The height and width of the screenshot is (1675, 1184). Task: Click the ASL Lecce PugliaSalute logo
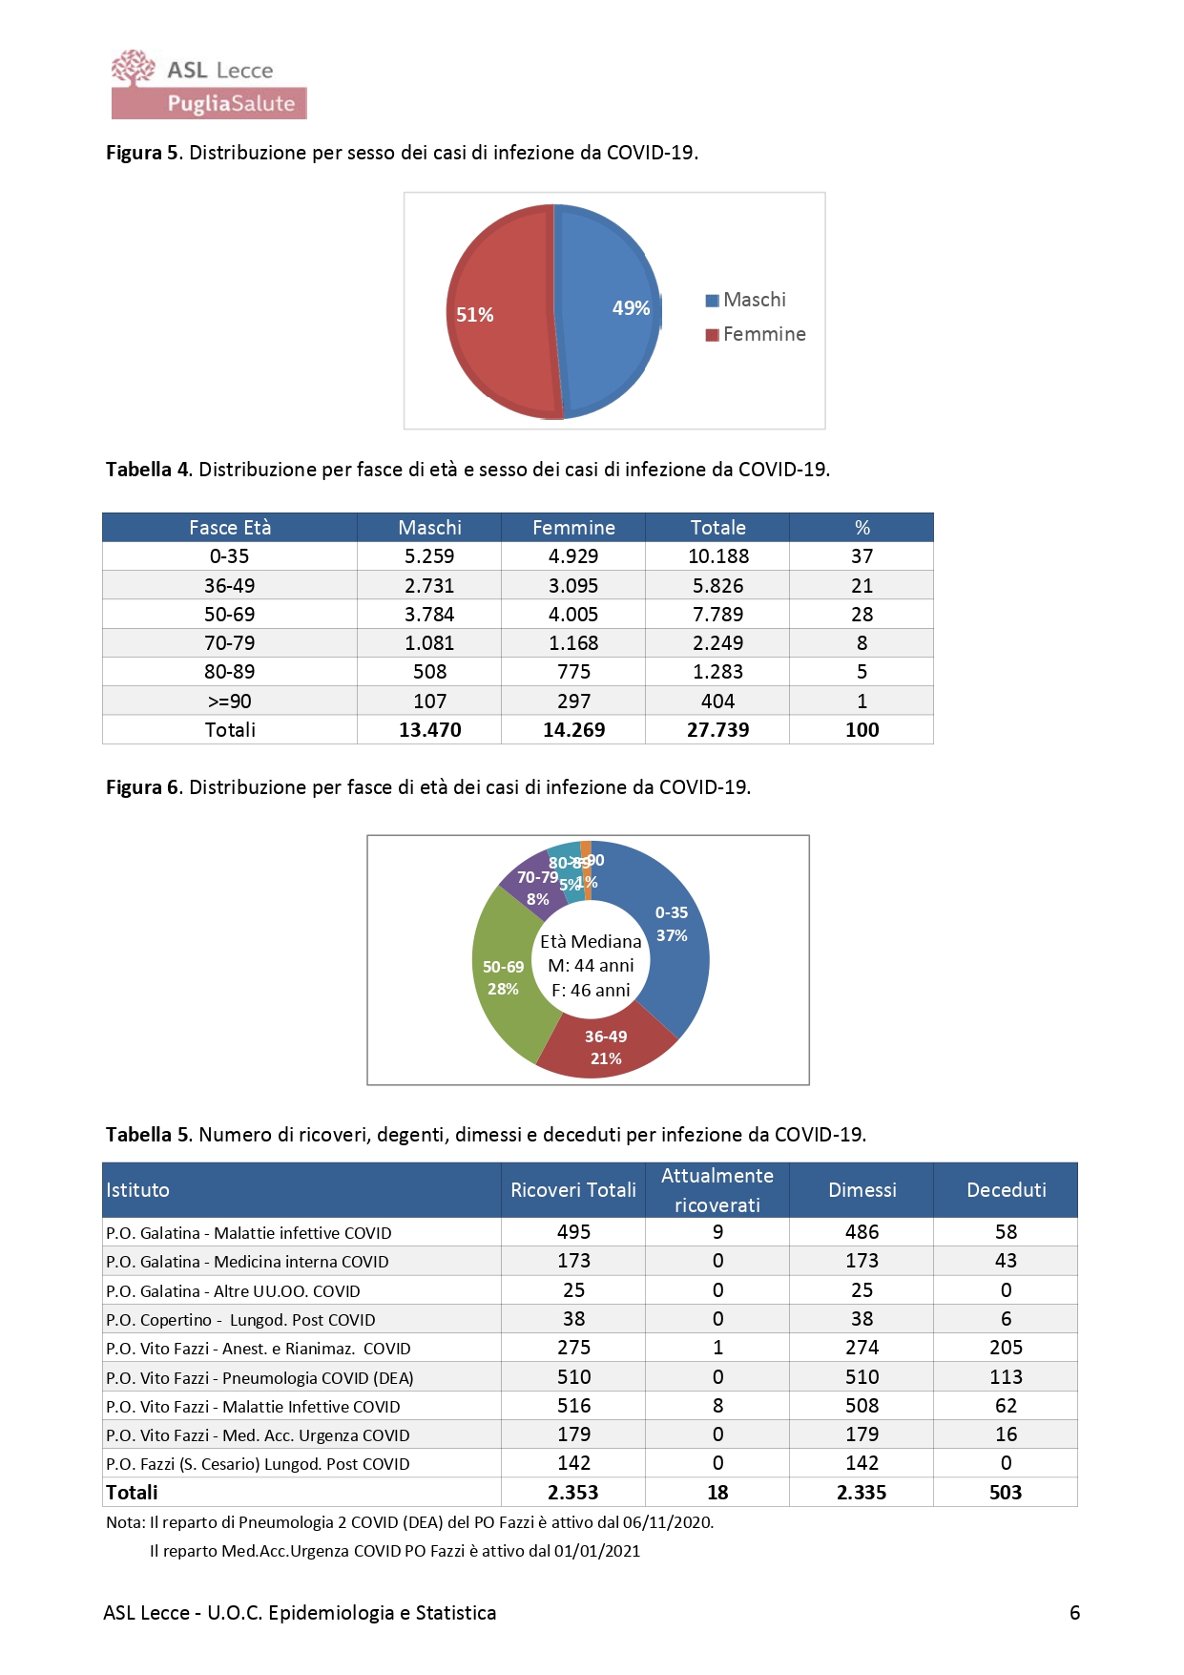(208, 85)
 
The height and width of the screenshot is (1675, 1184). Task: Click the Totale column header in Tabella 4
(717, 528)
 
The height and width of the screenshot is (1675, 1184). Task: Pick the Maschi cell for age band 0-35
(429, 556)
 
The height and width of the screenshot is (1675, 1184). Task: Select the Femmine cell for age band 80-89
(573, 672)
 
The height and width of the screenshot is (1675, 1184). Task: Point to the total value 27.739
(717, 730)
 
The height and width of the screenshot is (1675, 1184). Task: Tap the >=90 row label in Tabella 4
(229, 701)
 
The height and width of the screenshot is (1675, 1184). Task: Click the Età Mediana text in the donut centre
(591, 942)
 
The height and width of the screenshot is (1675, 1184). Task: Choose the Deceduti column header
(1006, 1190)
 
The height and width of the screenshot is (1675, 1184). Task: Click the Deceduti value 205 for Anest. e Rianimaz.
(1006, 1348)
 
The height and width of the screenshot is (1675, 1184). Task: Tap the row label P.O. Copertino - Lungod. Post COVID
(240, 1320)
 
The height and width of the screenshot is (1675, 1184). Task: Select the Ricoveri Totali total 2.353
(573, 1493)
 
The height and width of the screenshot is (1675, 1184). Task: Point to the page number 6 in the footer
(1074, 1613)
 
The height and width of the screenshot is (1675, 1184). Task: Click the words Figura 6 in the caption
(142, 787)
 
